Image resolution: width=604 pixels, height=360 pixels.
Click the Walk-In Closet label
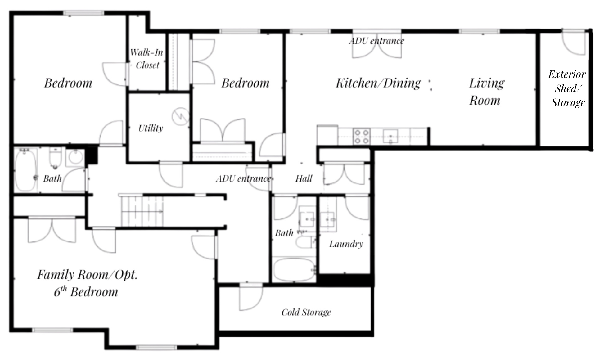(147, 59)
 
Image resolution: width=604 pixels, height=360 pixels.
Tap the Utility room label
(151, 128)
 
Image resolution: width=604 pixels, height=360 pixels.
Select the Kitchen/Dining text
(378, 83)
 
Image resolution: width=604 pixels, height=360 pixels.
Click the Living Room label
(486, 92)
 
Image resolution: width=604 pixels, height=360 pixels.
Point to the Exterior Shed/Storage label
(567, 88)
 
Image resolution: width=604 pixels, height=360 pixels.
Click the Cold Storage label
(306, 312)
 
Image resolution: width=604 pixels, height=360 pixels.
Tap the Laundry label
(346, 244)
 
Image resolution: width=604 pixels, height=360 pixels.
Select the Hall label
(304, 178)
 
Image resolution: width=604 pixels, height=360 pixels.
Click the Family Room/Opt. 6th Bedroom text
(87, 283)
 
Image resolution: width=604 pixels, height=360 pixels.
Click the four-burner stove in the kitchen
(362, 137)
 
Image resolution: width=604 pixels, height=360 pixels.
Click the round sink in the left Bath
(75, 157)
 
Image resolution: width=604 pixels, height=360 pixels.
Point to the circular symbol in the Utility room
(181, 116)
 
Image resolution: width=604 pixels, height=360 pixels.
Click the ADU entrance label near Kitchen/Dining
(376, 41)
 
